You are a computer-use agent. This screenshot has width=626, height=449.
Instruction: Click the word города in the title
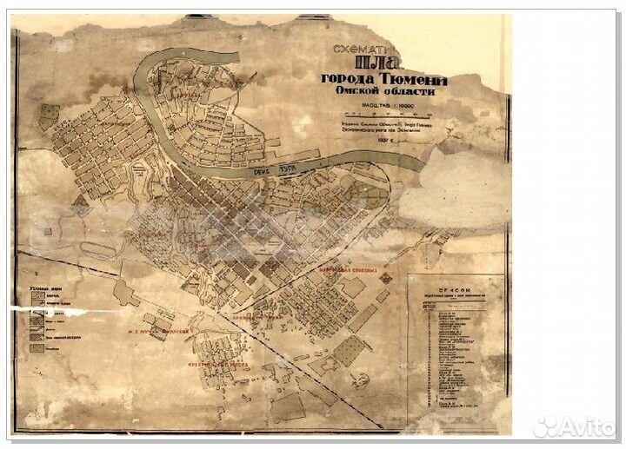click(351, 80)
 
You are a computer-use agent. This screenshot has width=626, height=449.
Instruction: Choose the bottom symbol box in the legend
click(39, 348)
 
